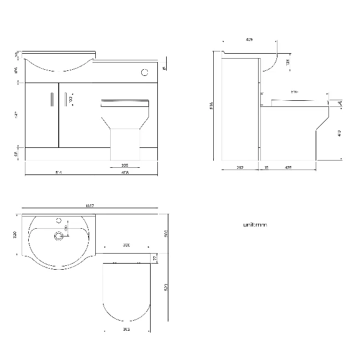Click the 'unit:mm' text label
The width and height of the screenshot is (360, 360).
coord(255,225)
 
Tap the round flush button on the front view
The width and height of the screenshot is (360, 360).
coord(145,71)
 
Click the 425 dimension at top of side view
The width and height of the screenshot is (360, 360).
coord(249,40)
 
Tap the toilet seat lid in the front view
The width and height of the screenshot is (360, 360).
coord(125,104)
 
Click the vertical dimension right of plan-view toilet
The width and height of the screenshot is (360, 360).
coord(166,288)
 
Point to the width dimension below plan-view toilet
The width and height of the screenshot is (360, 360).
coord(127,329)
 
